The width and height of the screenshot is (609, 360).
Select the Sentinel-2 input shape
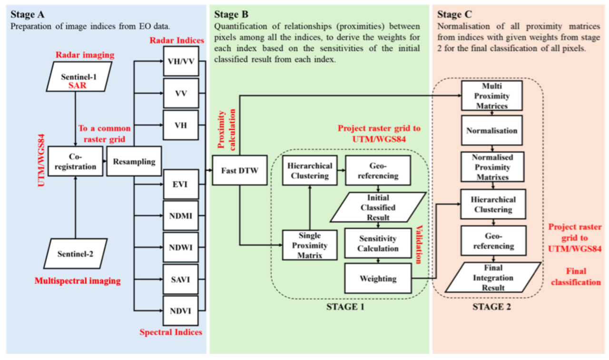(75, 253)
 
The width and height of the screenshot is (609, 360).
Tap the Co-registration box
(75, 162)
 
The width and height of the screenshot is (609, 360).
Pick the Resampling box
(134, 162)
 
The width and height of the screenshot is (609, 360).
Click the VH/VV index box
(181, 61)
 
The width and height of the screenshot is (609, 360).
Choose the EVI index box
(181, 184)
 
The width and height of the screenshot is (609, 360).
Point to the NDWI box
(181, 248)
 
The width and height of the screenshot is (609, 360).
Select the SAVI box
(181, 279)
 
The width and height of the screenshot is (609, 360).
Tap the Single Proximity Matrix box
(310, 245)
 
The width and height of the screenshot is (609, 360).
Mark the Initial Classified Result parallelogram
(378, 207)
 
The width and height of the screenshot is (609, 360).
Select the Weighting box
(378, 278)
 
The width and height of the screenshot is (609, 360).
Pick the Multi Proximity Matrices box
(492, 97)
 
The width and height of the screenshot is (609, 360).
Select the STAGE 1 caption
(345, 307)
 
